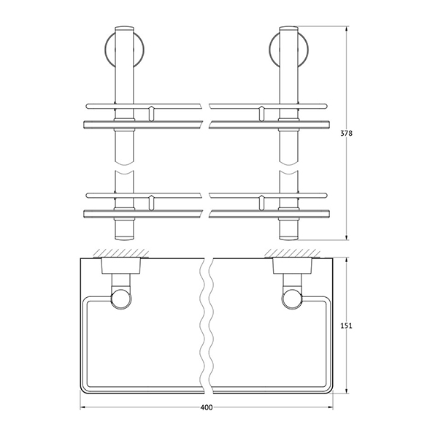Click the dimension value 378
coord(346,134)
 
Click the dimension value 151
coord(346,326)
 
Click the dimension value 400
coord(207,407)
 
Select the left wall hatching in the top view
coord(121,253)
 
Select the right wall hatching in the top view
coord(293,253)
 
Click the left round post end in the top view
coord(121,300)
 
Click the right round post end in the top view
coord(293,300)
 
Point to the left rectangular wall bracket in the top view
coord(121,266)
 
